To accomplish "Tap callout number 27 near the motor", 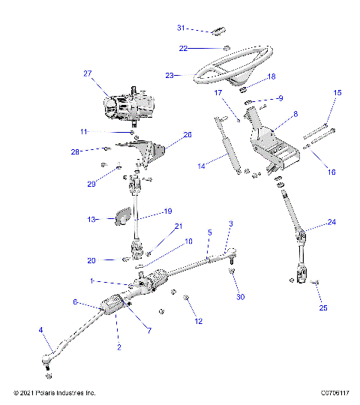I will tap(88, 73).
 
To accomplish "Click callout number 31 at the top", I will tap(180, 28).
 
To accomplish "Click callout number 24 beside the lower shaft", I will tap(332, 222).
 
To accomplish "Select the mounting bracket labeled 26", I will tap(150, 154).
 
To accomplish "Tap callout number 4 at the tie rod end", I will tap(40, 329).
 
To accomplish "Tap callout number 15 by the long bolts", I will tap(337, 92).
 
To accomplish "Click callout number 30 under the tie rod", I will tap(240, 297).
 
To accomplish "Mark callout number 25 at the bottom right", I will tap(324, 307).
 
